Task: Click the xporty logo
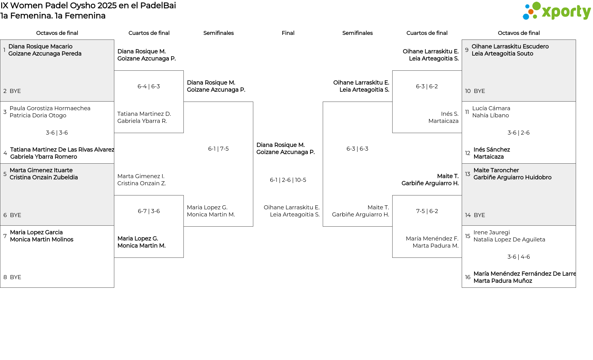tap(557, 11)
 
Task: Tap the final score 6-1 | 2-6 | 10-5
tap(288, 180)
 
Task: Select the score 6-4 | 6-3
tap(149, 86)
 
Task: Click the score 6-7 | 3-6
tap(149, 211)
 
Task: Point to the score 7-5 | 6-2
tap(427, 211)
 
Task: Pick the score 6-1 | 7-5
tap(218, 149)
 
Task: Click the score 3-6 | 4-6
tap(519, 257)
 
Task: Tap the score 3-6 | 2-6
tap(519, 133)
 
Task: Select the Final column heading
tap(288, 33)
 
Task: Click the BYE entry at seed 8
tap(15, 277)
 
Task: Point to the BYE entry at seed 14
tap(479, 215)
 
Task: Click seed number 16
tap(468, 277)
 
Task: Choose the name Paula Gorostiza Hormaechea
tap(50, 108)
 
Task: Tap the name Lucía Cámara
tap(491, 108)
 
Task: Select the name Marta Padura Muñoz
tap(503, 281)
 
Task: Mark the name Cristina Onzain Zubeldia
tap(44, 178)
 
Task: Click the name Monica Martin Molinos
tap(42, 240)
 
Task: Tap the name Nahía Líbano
tap(490, 115)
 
